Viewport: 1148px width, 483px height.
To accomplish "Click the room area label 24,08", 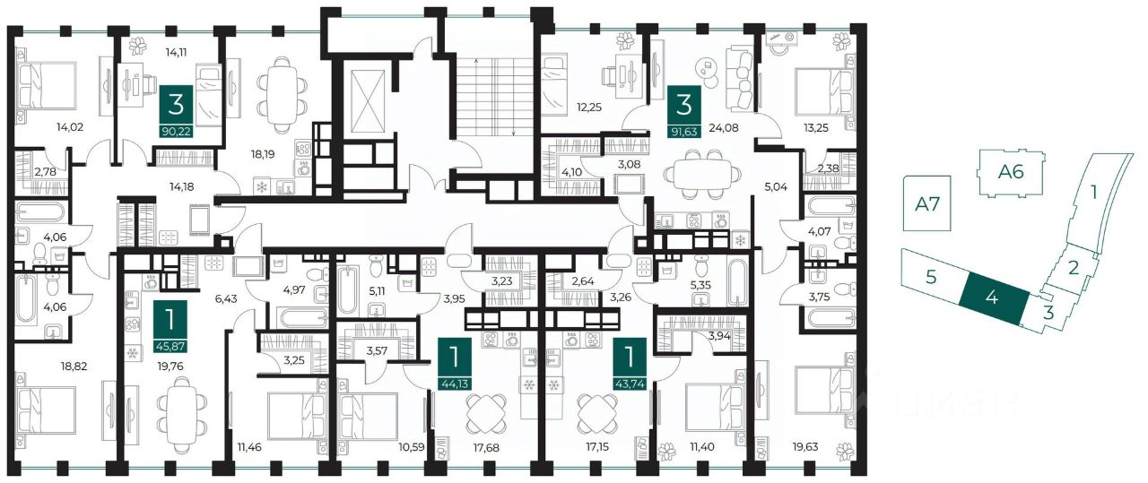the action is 724,127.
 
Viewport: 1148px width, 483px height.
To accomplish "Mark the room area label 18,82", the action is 74,367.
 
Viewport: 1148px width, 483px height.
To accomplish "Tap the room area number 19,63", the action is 805,446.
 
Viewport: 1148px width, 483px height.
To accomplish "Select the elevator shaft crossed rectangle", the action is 367,99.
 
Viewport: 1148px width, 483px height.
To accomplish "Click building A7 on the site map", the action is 927,203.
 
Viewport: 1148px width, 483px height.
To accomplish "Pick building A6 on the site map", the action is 1011,172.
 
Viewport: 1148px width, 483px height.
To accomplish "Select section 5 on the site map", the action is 932,277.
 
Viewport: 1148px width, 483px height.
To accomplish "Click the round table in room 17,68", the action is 486,414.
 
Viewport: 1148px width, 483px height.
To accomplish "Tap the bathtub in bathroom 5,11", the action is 349,289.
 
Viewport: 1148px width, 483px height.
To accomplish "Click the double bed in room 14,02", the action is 46,86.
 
